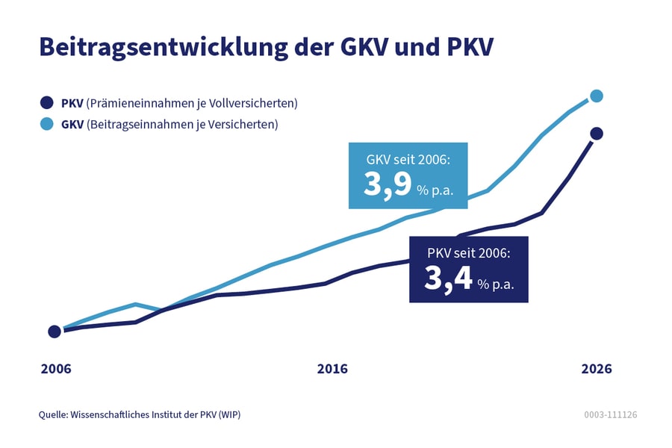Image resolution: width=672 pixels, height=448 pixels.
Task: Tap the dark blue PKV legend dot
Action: (46, 103)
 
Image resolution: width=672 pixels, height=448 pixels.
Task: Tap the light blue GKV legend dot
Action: (46, 124)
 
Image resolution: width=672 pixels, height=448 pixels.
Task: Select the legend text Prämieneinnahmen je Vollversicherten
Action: (192, 103)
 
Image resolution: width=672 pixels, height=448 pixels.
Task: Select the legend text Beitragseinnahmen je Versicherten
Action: (182, 124)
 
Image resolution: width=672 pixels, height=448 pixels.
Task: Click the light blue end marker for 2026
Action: (596, 96)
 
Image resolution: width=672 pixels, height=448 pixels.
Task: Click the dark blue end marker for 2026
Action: (596, 134)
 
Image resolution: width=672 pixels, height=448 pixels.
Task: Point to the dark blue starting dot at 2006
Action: (55, 332)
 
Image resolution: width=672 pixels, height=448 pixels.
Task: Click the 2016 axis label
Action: (332, 369)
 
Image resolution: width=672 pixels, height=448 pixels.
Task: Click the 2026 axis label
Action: (596, 369)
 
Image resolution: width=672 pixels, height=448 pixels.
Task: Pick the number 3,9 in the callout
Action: (388, 184)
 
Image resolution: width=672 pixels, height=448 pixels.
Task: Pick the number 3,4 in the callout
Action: (448, 278)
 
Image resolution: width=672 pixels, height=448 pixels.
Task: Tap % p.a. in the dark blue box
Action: (497, 284)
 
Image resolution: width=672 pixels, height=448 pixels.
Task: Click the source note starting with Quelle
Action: (139, 414)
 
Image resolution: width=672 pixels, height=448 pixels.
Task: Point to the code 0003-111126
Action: (610, 414)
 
